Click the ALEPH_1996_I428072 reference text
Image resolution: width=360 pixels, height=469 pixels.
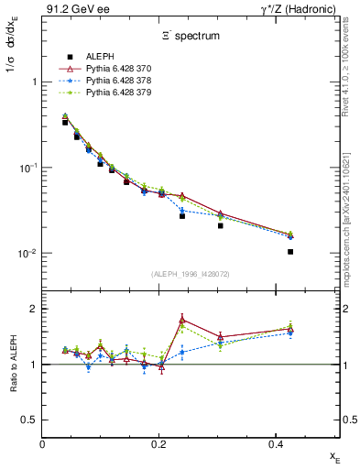click(x=191, y=274)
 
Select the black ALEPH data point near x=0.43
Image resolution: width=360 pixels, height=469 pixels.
click(x=290, y=251)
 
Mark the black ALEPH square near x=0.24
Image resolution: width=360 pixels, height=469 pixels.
click(x=182, y=216)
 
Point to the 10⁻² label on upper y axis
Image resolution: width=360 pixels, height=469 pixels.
click(x=27, y=254)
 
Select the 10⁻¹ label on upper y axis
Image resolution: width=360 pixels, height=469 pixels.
click(x=27, y=168)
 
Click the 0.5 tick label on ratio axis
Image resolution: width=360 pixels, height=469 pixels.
click(x=29, y=420)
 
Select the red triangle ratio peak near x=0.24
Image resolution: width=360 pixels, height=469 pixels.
click(x=182, y=320)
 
